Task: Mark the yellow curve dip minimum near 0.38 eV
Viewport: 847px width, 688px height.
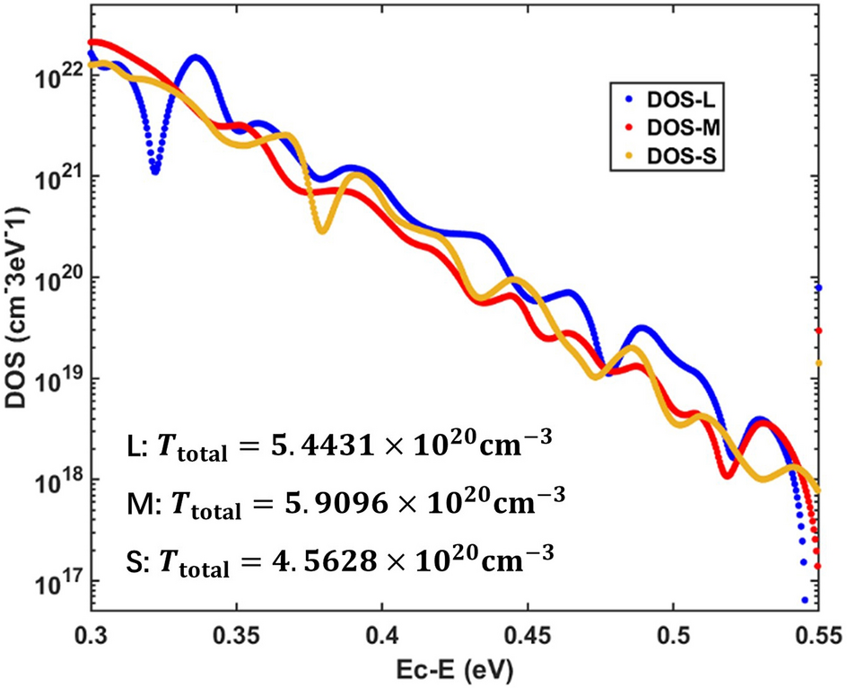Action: pos(322,231)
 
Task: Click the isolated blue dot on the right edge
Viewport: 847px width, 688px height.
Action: pos(818,288)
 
